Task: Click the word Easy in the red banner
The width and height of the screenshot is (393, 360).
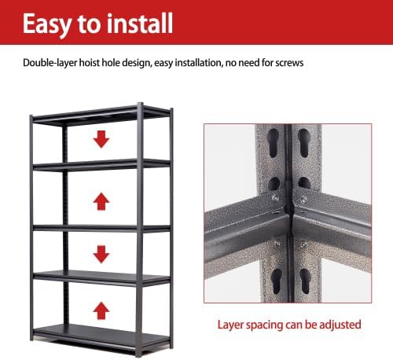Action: coord(46,24)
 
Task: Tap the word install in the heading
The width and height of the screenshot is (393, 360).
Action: coord(141,24)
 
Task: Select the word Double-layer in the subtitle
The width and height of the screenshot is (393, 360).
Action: coord(50,63)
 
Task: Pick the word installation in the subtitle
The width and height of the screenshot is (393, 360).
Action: coord(198,63)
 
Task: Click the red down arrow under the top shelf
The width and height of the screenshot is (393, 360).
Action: coord(101,139)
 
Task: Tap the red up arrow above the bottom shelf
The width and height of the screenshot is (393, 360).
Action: coord(101,310)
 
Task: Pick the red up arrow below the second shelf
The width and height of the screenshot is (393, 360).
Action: coord(101,201)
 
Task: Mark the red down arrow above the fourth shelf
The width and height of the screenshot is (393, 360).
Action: coord(101,254)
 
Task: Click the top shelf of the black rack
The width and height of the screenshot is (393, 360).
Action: coord(101,114)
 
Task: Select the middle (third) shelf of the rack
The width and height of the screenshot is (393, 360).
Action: coord(101,228)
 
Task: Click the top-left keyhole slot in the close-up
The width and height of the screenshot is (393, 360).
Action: coord(273,143)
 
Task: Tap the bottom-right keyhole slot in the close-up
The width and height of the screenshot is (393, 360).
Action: coord(305,281)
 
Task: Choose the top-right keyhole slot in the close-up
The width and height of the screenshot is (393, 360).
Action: coord(304,143)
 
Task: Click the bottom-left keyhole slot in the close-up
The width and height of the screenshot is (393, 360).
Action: coord(277,281)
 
